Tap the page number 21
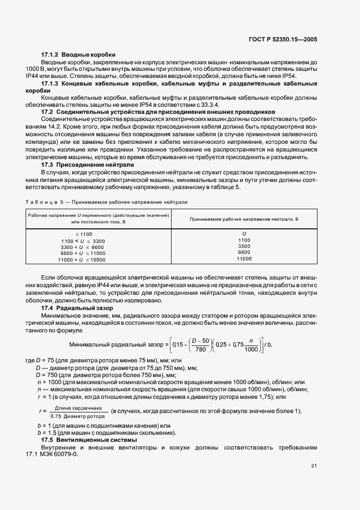point(314,465)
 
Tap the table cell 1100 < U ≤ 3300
point(83,240)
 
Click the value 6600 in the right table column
point(244,252)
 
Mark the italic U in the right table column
point(244,234)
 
